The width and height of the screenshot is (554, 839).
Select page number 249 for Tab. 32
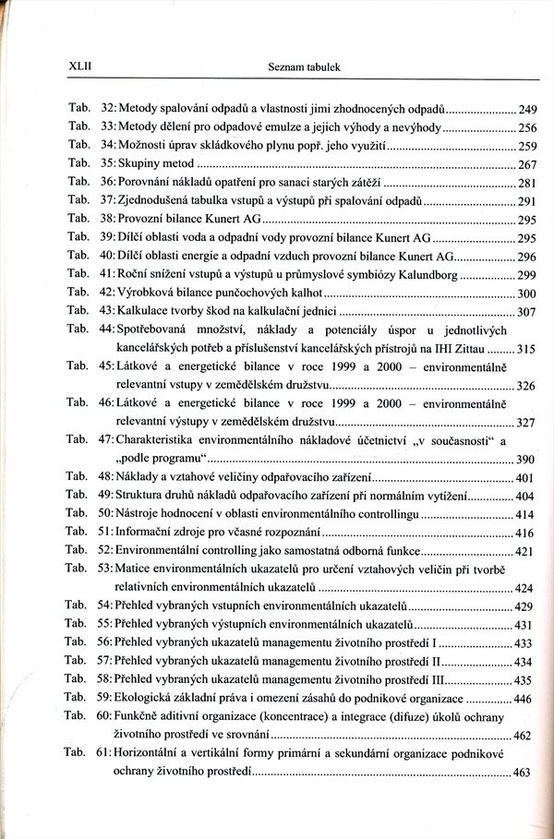point(528,109)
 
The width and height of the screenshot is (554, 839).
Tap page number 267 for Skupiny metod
point(528,164)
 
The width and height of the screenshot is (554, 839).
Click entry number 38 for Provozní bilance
point(106,220)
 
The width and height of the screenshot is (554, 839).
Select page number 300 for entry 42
point(528,294)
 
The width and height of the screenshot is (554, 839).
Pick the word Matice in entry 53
point(134,569)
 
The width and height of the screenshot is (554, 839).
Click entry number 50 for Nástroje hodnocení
point(106,514)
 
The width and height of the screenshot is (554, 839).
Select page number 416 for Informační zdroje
point(525,533)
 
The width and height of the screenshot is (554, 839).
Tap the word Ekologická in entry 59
point(145,699)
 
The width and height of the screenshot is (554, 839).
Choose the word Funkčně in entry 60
point(138,717)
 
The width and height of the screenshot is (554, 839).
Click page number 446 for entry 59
point(524,700)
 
